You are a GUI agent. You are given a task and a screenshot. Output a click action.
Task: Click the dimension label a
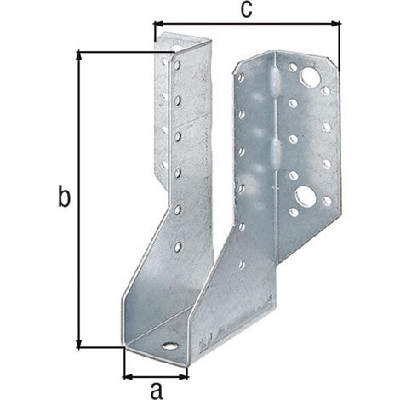point(157,390)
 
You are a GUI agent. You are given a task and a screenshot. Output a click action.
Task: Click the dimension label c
point(246,9)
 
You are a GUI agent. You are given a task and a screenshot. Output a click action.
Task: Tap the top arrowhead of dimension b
point(79,56)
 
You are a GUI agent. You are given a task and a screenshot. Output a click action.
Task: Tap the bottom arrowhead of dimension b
point(79,343)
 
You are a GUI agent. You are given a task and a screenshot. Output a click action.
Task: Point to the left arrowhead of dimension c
point(158,24)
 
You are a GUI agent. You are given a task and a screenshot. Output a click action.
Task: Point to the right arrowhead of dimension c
point(336,24)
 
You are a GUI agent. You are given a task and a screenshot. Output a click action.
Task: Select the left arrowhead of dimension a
point(128,377)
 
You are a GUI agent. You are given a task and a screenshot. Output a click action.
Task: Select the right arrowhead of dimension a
point(183,377)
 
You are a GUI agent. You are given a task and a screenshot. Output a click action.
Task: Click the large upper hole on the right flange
point(310,76)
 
